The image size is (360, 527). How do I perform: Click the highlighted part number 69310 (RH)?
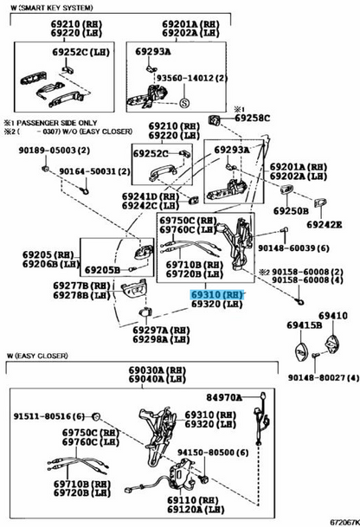217,295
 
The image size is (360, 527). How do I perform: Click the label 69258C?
253,117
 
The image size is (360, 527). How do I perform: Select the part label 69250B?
291,210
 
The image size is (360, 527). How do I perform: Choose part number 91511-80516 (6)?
48,416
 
